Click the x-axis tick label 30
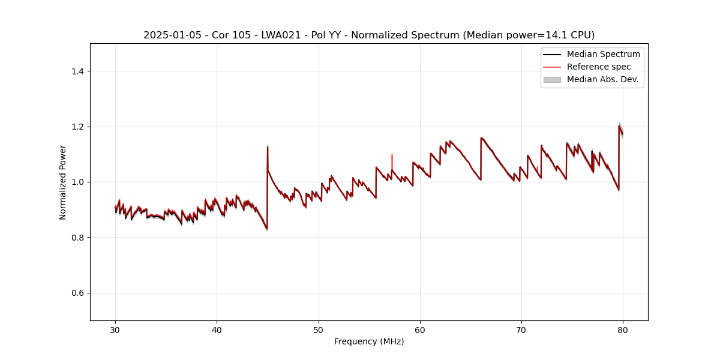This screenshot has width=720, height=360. pyautogui.click(x=115, y=330)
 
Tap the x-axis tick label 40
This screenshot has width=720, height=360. pyautogui.click(x=217, y=330)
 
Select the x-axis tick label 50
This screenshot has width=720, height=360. pyautogui.click(x=318, y=330)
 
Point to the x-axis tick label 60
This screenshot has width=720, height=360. pyautogui.click(x=420, y=330)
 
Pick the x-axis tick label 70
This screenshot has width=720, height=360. pyautogui.click(x=521, y=330)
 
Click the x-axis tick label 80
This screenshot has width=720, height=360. pyautogui.click(x=623, y=330)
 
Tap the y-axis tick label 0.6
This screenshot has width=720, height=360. pyautogui.click(x=77, y=293)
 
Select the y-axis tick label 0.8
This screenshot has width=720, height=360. pyautogui.click(x=77, y=238)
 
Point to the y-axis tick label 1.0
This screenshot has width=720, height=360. pyautogui.click(x=77, y=182)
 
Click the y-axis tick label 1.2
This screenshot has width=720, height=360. pyautogui.click(x=77, y=127)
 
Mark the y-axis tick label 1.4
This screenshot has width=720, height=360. pyautogui.click(x=77, y=71)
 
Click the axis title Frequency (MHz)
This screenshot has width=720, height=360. pyautogui.click(x=369, y=341)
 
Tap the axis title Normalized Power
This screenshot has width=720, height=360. pyautogui.click(x=62, y=182)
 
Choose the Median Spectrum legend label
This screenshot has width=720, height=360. pyautogui.click(x=603, y=54)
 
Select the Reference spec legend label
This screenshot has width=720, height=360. pyautogui.click(x=599, y=67)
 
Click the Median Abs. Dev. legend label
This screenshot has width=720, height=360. pyautogui.click(x=602, y=79)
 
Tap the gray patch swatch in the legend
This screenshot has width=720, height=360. pyautogui.click(x=552, y=79)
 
